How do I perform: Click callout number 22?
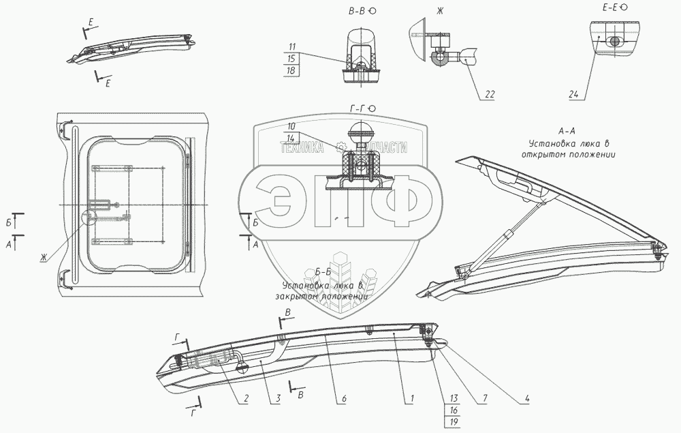(490, 95)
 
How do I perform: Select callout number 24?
(573, 95)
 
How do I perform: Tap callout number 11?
(291, 46)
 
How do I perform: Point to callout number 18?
(291, 71)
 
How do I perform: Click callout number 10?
(291, 126)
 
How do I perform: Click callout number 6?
(345, 398)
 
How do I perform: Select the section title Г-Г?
(360, 108)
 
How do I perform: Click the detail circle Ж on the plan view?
(89, 218)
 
